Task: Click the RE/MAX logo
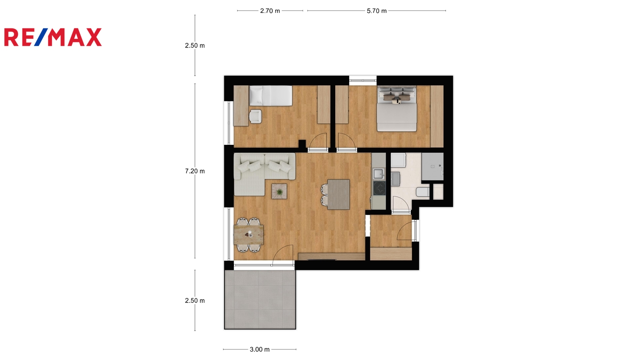[53, 37]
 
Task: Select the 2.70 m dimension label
[270, 11]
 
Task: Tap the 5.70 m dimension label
[376, 11]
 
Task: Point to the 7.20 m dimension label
[195, 171]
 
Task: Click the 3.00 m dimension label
[260, 350]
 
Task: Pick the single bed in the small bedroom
[270, 96]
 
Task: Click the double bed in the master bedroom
[396, 108]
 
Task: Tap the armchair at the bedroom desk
[255, 116]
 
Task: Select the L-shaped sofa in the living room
[264, 174]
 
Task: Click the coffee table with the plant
[279, 191]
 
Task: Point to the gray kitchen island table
[338, 194]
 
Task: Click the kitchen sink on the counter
[379, 174]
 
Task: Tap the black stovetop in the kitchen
[380, 188]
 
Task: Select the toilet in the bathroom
[422, 192]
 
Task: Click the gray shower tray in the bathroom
[432, 166]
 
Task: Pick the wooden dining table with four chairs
[248, 234]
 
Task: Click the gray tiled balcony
[260, 300]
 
